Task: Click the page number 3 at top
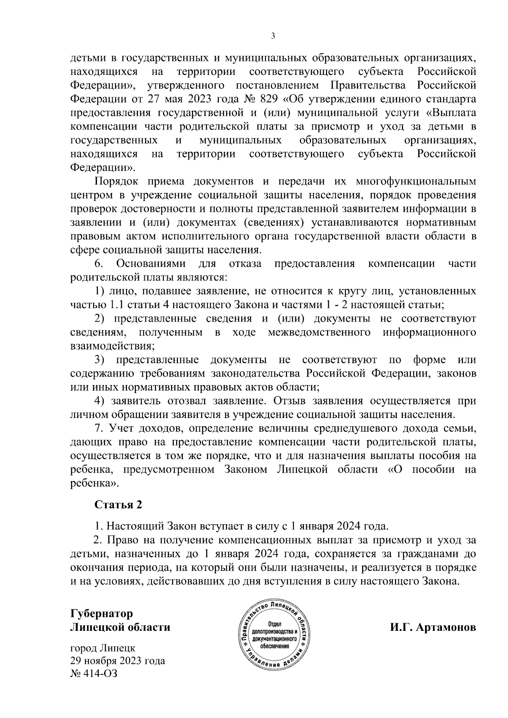click(x=273, y=36)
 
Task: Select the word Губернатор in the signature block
click(x=102, y=613)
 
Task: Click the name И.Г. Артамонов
click(x=433, y=627)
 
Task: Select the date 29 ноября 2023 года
click(x=118, y=661)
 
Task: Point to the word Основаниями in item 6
click(x=151, y=264)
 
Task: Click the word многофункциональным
click(x=416, y=182)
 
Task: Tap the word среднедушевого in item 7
click(x=356, y=429)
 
